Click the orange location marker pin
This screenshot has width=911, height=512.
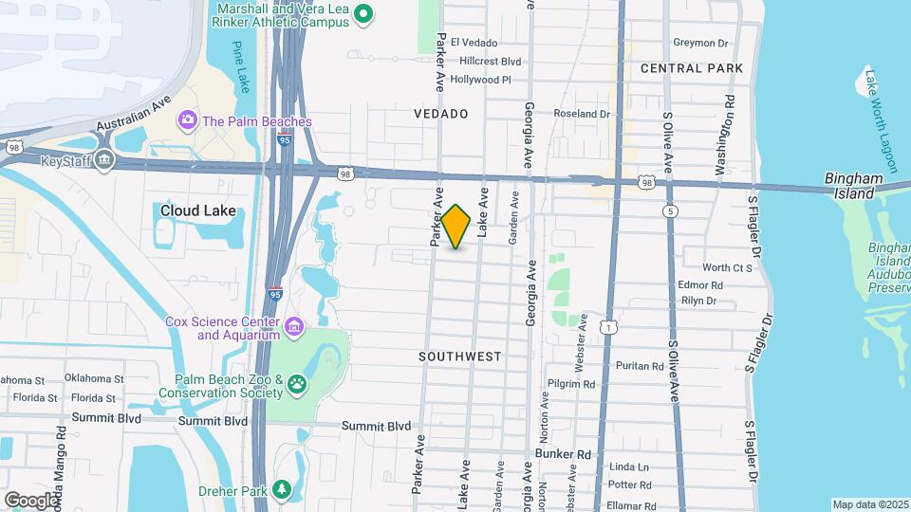click(456, 227)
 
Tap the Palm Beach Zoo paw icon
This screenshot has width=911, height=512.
click(298, 384)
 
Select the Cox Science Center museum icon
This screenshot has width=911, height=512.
click(295, 328)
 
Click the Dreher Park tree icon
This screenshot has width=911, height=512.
click(281, 488)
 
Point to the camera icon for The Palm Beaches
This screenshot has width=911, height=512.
click(187, 120)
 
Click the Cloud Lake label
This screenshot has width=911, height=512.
click(197, 210)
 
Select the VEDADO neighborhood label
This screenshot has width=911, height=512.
click(441, 114)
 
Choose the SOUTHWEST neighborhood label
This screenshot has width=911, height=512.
click(459, 357)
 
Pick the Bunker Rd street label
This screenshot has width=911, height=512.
click(563, 454)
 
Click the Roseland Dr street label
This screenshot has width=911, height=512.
click(582, 114)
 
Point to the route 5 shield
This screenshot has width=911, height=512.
click(672, 211)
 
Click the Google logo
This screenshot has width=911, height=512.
click(32, 499)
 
